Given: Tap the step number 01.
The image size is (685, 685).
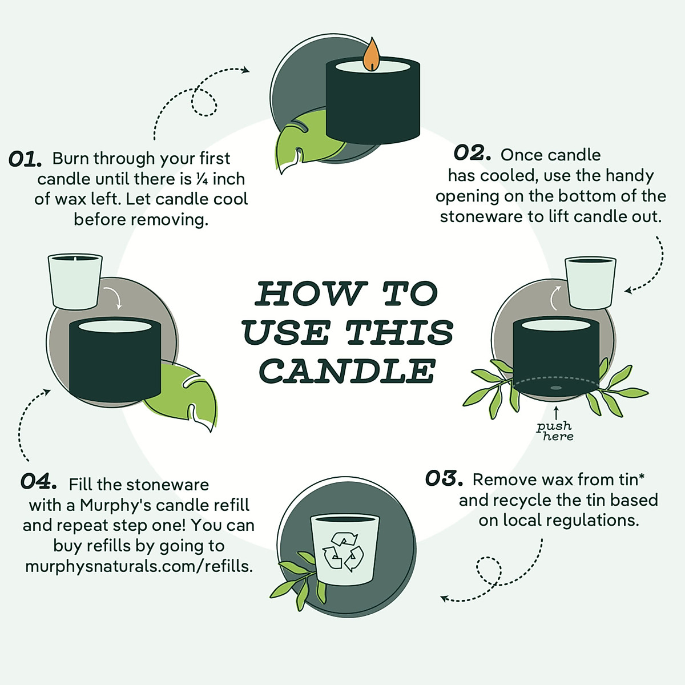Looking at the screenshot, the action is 25,159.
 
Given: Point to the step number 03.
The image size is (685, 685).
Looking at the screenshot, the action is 444,478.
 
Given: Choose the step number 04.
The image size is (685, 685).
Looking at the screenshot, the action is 38,481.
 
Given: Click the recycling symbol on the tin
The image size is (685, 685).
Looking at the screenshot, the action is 342,552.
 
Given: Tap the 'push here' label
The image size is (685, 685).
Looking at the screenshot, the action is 555,431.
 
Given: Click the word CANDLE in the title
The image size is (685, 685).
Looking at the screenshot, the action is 348,371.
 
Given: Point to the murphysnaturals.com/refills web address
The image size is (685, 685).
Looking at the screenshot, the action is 139,566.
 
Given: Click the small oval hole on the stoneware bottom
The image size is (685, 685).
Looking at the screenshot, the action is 555,388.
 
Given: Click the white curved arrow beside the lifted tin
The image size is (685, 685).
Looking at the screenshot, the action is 555,297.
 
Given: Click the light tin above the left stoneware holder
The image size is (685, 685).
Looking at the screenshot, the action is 75,280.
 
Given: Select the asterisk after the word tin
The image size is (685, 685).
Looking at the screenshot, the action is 641,476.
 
